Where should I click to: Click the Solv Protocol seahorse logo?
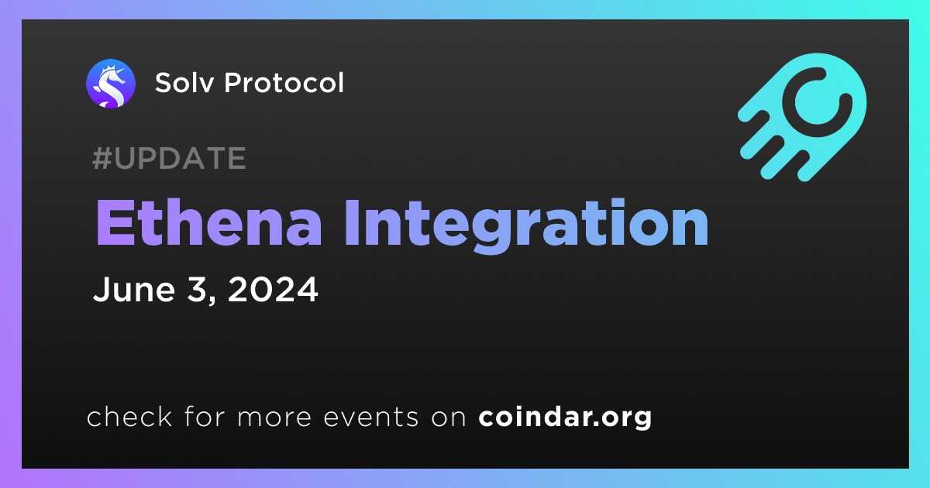tap(111, 84)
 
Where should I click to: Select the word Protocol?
tap(284, 83)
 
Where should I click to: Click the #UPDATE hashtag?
tap(170, 158)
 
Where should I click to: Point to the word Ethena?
tap(208, 223)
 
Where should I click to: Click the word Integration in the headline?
tap(526, 226)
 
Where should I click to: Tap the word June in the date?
tap(134, 289)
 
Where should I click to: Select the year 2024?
tap(273, 289)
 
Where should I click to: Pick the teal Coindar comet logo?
tap(803, 117)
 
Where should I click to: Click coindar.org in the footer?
tap(565, 417)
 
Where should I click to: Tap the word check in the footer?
tap(129, 416)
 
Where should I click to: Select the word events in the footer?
tap(371, 417)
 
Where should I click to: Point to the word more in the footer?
tap(274, 418)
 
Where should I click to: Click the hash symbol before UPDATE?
tap(102, 158)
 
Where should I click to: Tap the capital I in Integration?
tap(352, 223)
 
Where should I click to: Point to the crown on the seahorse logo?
tap(109, 68)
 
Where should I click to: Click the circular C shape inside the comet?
tap(817, 101)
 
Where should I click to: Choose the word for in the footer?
tap(205, 416)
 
